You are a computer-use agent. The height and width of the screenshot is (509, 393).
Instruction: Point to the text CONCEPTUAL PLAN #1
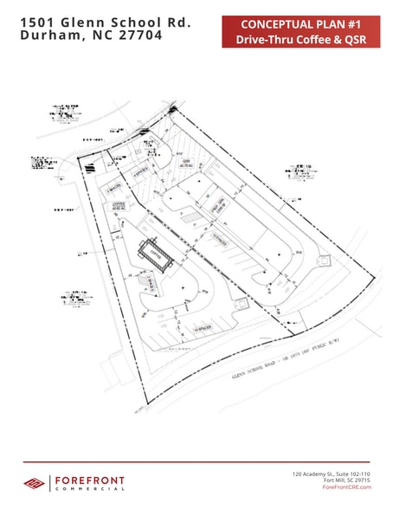tap(295, 23)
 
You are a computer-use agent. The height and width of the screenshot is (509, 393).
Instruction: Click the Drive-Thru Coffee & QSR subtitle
tap(295, 40)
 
